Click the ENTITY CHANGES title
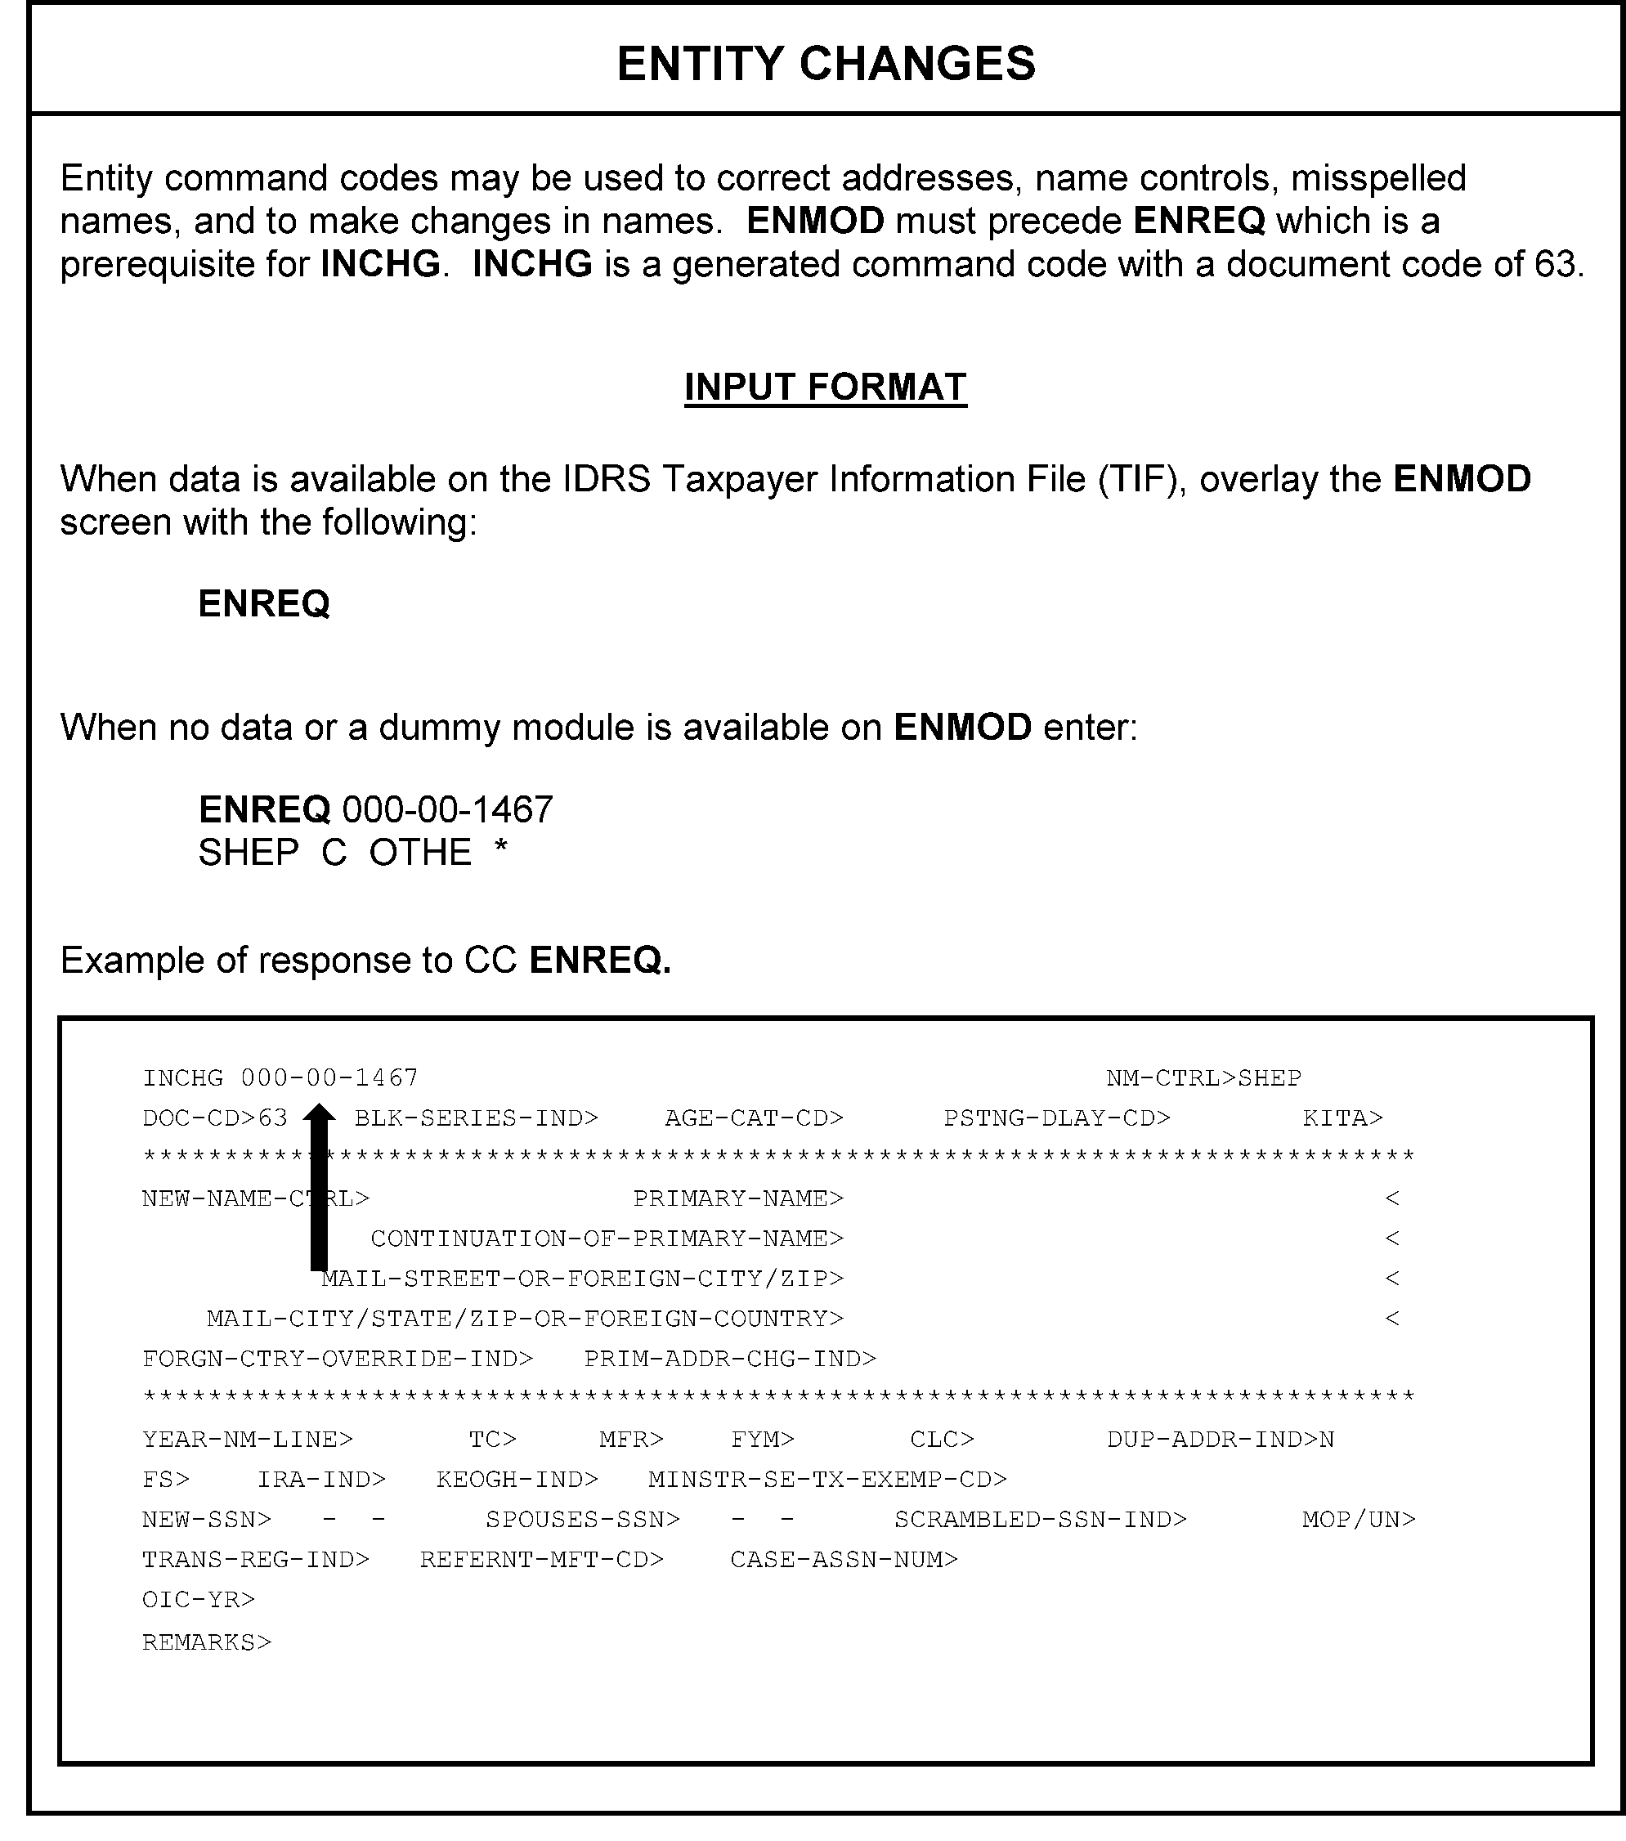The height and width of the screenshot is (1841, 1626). (825, 64)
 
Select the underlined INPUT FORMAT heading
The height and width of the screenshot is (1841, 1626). (825, 387)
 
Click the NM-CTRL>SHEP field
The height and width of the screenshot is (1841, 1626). (1203, 1078)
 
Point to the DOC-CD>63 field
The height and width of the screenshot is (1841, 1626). (214, 1118)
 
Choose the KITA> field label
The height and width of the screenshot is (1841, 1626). (1342, 1118)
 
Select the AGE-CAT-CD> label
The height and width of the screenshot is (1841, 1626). (754, 1118)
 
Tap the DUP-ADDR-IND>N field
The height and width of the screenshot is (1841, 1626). (1221, 1440)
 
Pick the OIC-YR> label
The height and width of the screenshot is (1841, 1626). (198, 1600)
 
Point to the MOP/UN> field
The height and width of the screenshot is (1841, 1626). (1359, 1520)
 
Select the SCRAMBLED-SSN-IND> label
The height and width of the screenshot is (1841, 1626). (1041, 1520)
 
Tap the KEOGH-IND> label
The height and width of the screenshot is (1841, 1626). (517, 1480)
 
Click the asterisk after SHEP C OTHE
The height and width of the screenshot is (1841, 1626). (501, 849)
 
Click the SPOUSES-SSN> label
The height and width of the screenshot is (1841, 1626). (582, 1520)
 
